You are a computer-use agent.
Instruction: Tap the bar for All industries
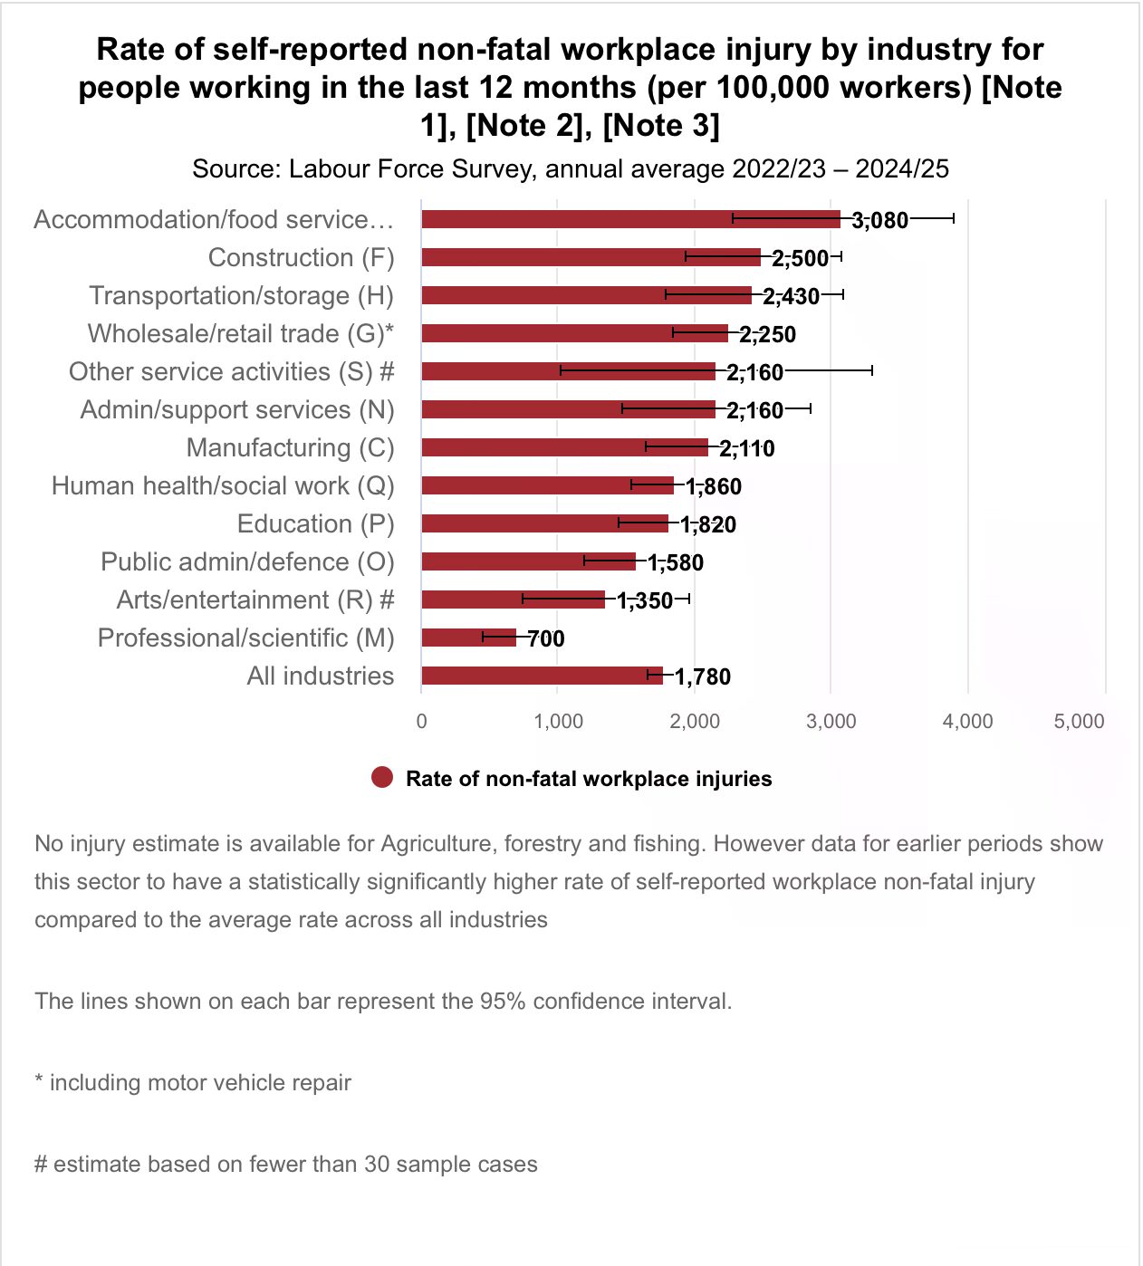[542, 676]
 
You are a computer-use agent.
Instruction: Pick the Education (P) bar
[544, 523]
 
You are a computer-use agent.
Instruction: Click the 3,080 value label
[879, 220]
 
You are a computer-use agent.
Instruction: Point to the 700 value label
[546, 638]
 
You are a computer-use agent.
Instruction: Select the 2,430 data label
[791, 296]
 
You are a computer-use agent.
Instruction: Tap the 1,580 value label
[675, 562]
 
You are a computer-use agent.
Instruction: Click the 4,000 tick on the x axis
[967, 721]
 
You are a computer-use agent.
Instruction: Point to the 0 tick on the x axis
[421, 721]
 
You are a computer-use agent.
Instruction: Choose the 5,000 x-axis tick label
[1079, 721]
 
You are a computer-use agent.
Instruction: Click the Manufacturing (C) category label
[290, 447]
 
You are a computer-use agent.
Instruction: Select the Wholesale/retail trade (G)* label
[240, 333]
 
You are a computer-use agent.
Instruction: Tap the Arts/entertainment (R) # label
[255, 599]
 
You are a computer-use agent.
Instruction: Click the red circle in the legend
[382, 778]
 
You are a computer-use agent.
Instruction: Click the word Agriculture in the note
[437, 843]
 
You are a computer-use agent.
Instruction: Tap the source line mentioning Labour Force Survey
[571, 168]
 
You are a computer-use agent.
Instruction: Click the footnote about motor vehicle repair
[193, 1082]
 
